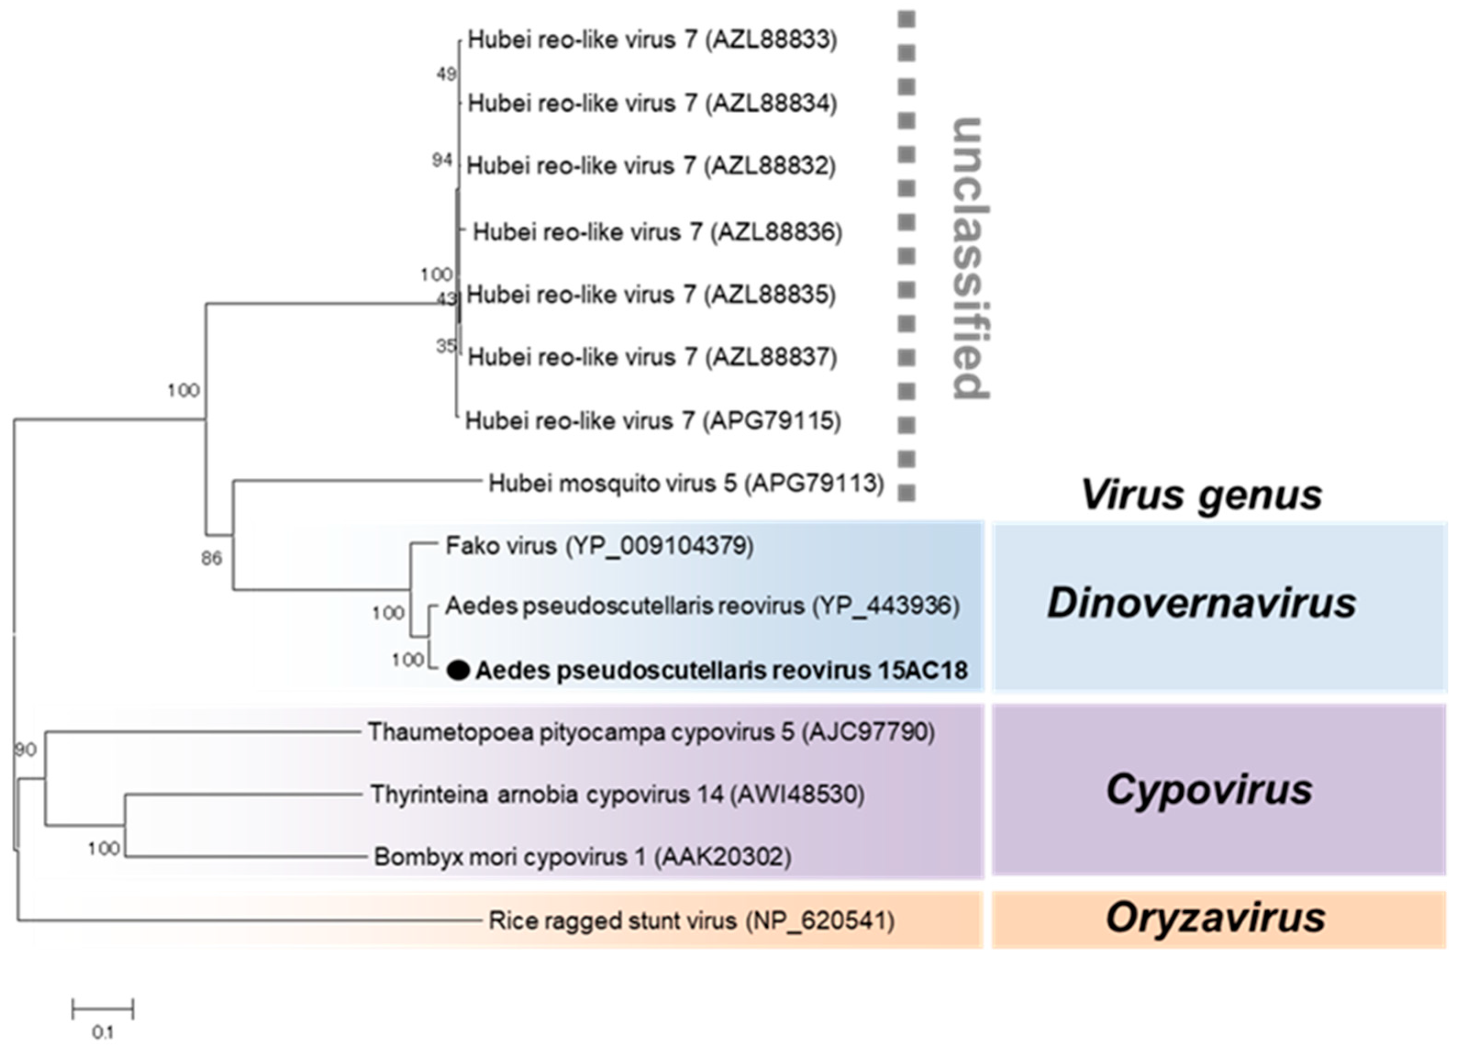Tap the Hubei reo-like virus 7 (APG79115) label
coord(653,421)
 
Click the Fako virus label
coord(599,546)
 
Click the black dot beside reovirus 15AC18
coord(458,671)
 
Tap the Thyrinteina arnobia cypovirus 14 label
coord(617,794)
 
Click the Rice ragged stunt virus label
coord(691,920)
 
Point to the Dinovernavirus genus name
coord(1202,604)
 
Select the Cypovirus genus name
coord(1209,790)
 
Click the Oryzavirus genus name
coord(1215,918)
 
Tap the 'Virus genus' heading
coord(1201,495)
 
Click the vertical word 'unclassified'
coord(969,258)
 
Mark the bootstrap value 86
coord(211,558)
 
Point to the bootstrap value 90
coord(26,750)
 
